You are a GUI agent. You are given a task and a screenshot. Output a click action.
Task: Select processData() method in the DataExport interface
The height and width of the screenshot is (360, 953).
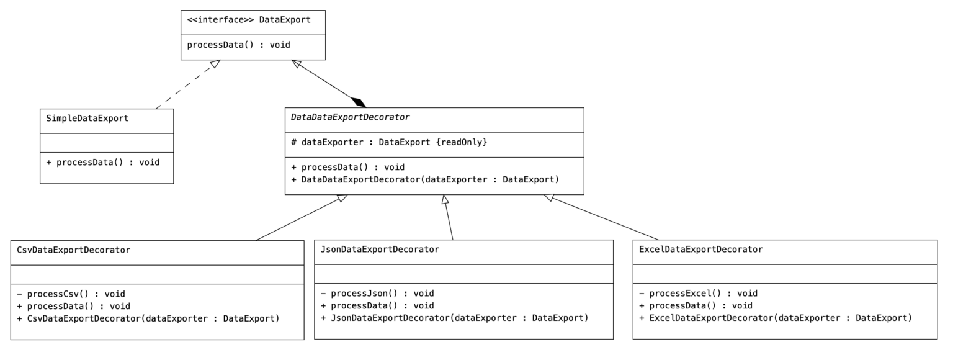[239, 45]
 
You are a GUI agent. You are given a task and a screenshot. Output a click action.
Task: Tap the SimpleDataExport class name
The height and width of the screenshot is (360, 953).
[87, 118]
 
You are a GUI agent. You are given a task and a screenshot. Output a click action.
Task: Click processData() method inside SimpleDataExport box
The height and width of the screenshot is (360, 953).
[103, 163]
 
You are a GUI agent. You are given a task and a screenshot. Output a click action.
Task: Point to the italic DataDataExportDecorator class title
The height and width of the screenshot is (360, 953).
[351, 117]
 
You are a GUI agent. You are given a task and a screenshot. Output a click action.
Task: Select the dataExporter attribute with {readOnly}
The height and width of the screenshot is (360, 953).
[389, 143]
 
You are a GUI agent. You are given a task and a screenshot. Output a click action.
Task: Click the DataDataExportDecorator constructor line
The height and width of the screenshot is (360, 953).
[425, 180]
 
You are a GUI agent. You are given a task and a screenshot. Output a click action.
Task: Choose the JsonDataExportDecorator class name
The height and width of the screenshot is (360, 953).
[380, 250]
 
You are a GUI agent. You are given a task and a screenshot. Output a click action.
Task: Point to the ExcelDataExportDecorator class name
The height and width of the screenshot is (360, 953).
[700, 250]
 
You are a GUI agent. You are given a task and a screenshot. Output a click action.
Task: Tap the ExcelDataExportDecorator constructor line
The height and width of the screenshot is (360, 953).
[775, 318]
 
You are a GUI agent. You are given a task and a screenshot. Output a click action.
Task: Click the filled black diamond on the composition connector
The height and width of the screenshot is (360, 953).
[359, 102]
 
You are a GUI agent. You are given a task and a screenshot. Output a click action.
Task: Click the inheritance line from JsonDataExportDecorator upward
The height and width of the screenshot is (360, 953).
[449, 218]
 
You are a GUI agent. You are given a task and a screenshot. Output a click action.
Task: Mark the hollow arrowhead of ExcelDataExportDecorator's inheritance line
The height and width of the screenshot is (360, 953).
[548, 198]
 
